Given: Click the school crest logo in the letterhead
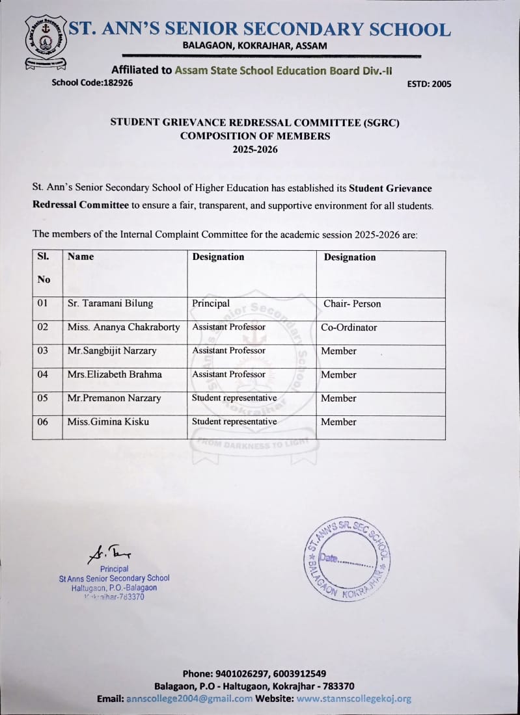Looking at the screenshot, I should click(46, 40).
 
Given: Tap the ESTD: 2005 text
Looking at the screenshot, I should click(429, 84).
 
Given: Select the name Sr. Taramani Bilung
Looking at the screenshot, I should click(110, 304).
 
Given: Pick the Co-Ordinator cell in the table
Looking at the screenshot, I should click(349, 328).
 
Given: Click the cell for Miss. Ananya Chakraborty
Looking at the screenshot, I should click(124, 328).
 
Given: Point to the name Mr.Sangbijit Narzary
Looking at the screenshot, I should click(112, 351).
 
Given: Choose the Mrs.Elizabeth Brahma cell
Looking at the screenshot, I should click(115, 374).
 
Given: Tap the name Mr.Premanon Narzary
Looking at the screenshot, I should click(114, 398).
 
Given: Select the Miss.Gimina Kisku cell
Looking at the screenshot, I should click(108, 422).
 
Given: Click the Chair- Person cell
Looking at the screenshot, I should click(352, 304).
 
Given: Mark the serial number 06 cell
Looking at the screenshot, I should click(42, 422).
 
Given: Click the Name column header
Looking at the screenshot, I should click(81, 257).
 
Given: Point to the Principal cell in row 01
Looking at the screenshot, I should click(211, 304).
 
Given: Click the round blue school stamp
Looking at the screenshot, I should click(348, 560).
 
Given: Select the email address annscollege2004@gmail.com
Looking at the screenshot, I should click(189, 699).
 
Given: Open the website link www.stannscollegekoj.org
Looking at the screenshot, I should click(354, 699).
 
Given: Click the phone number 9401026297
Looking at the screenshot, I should click(240, 673).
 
